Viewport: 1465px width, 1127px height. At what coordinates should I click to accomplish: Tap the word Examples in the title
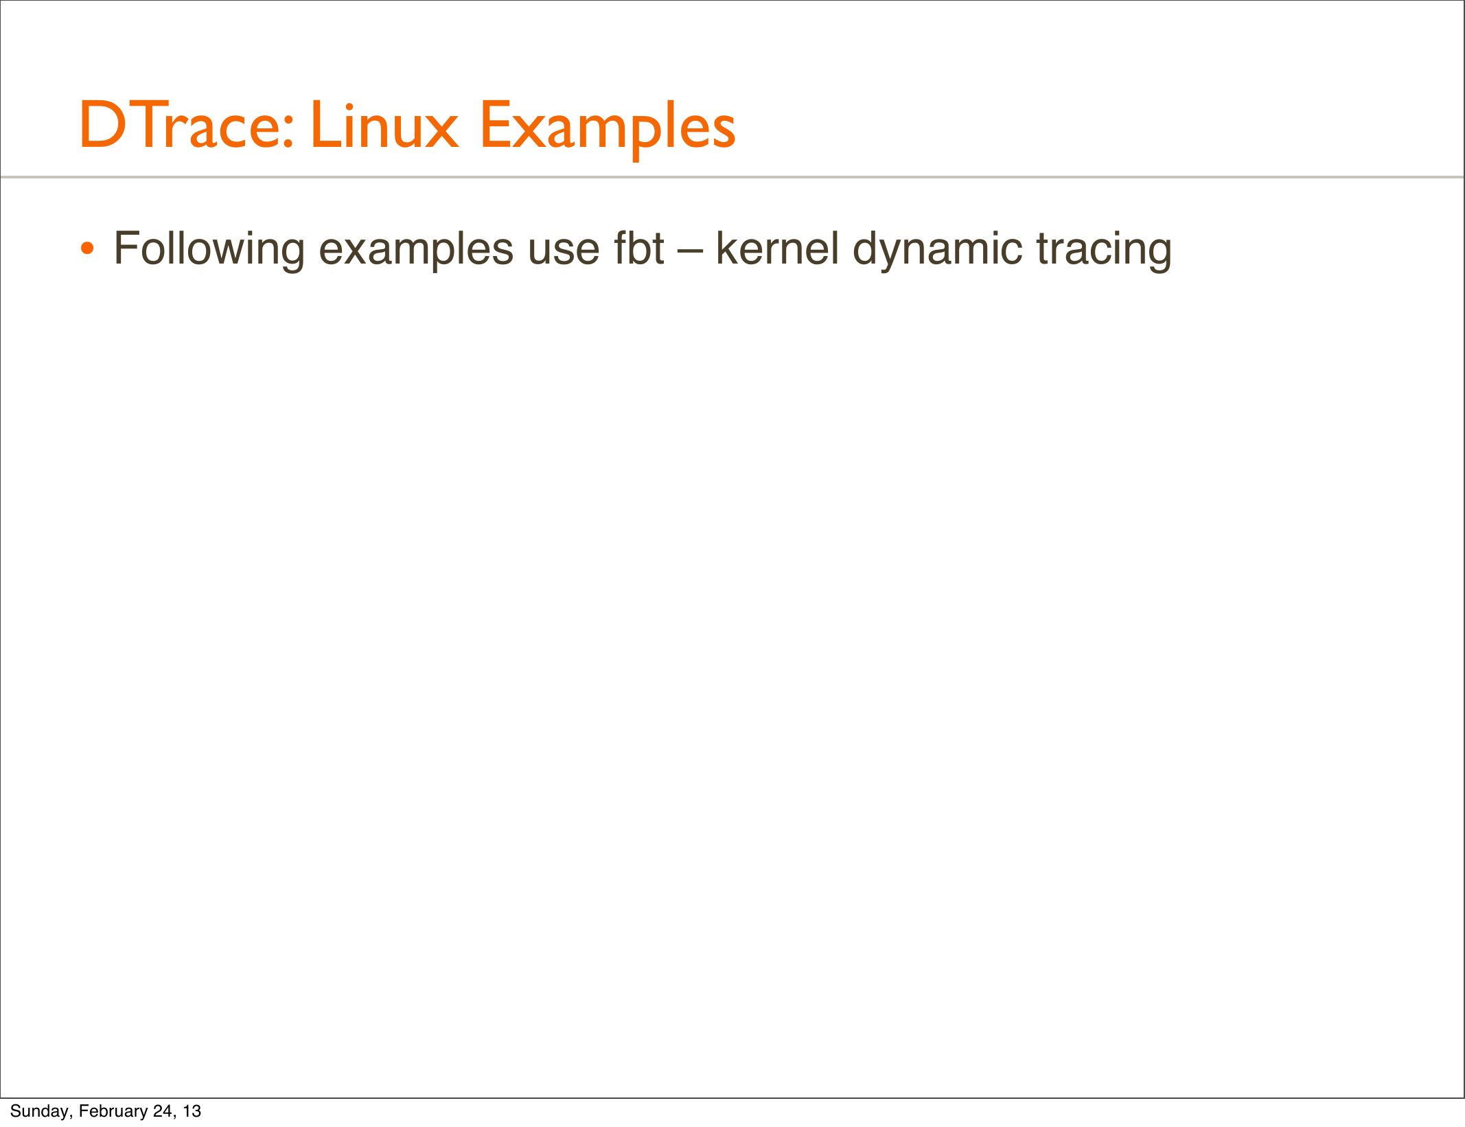click(x=608, y=129)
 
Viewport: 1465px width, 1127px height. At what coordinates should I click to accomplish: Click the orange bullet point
click(x=86, y=248)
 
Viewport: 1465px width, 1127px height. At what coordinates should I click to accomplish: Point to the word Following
click(x=209, y=250)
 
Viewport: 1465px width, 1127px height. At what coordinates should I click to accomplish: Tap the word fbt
click(x=639, y=248)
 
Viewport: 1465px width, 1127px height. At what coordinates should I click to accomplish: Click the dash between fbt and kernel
click(x=690, y=252)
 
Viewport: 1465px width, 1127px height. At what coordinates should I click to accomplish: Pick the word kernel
click(x=777, y=248)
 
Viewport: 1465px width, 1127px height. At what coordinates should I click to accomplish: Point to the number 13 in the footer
click(x=192, y=1111)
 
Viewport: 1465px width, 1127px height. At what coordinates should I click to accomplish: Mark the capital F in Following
click(x=128, y=248)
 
